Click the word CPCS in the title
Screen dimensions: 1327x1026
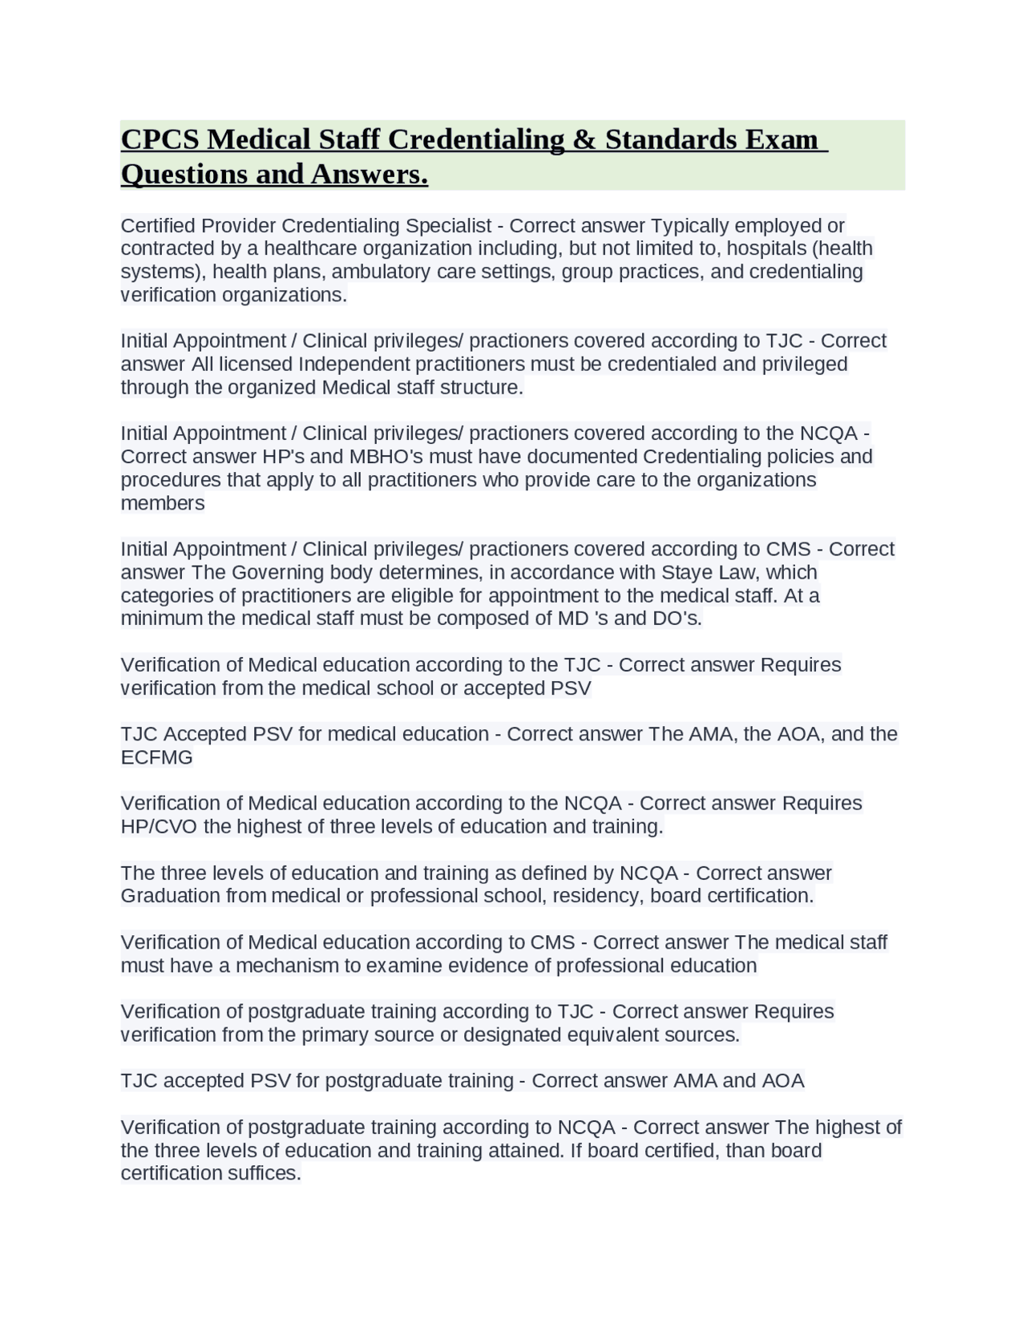(160, 139)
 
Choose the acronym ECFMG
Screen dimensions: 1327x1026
(156, 758)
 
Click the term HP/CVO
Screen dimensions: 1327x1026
(159, 827)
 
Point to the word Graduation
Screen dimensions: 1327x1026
(170, 896)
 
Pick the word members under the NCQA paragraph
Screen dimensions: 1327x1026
(163, 504)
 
